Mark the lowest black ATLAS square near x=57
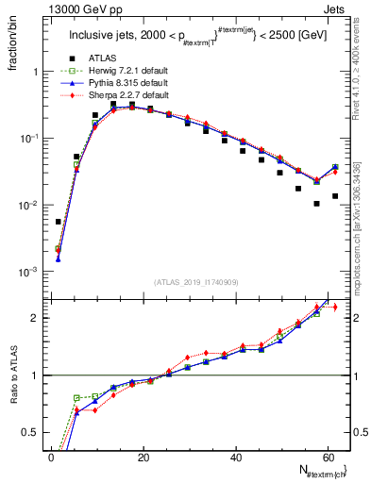pyautogui.click(x=316, y=204)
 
